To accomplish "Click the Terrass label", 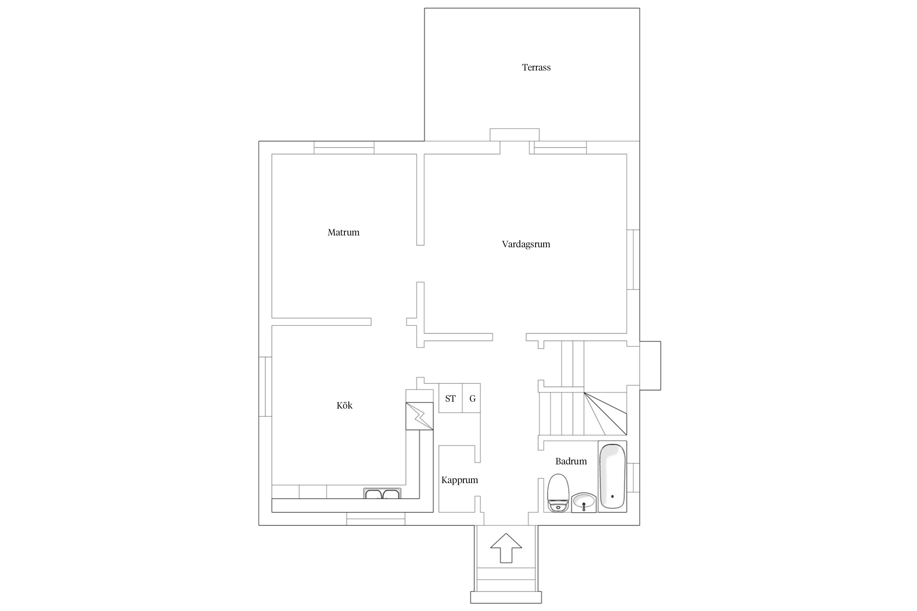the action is [x=536, y=67].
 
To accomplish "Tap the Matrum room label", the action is [x=344, y=232].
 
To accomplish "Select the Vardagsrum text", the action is [x=526, y=244].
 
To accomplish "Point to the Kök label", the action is [x=344, y=405].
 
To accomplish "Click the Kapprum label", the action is [x=460, y=480].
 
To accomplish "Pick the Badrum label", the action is [x=571, y=461].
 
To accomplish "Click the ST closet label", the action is [x=450, y=398].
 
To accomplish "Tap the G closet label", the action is [x=472, y=398].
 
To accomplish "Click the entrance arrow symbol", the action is [x=506, y=548].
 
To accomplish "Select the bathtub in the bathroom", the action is [x=612, y=476].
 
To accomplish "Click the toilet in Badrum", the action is [x=558, y=493].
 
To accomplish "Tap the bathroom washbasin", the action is [x=584, y=502].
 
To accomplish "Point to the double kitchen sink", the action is [x=382, y=493].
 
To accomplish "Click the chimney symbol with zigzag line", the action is [x=419, y=416].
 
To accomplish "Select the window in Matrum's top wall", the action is [x=344, y=147].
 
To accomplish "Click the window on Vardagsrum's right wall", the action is [x=633, y=259].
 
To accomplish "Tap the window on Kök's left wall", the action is [x=265, y=387].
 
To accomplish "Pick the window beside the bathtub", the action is [x=633, y=477].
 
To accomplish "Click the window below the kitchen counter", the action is [x=376, y=519].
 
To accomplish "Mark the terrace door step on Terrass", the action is [x=514, y=135].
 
